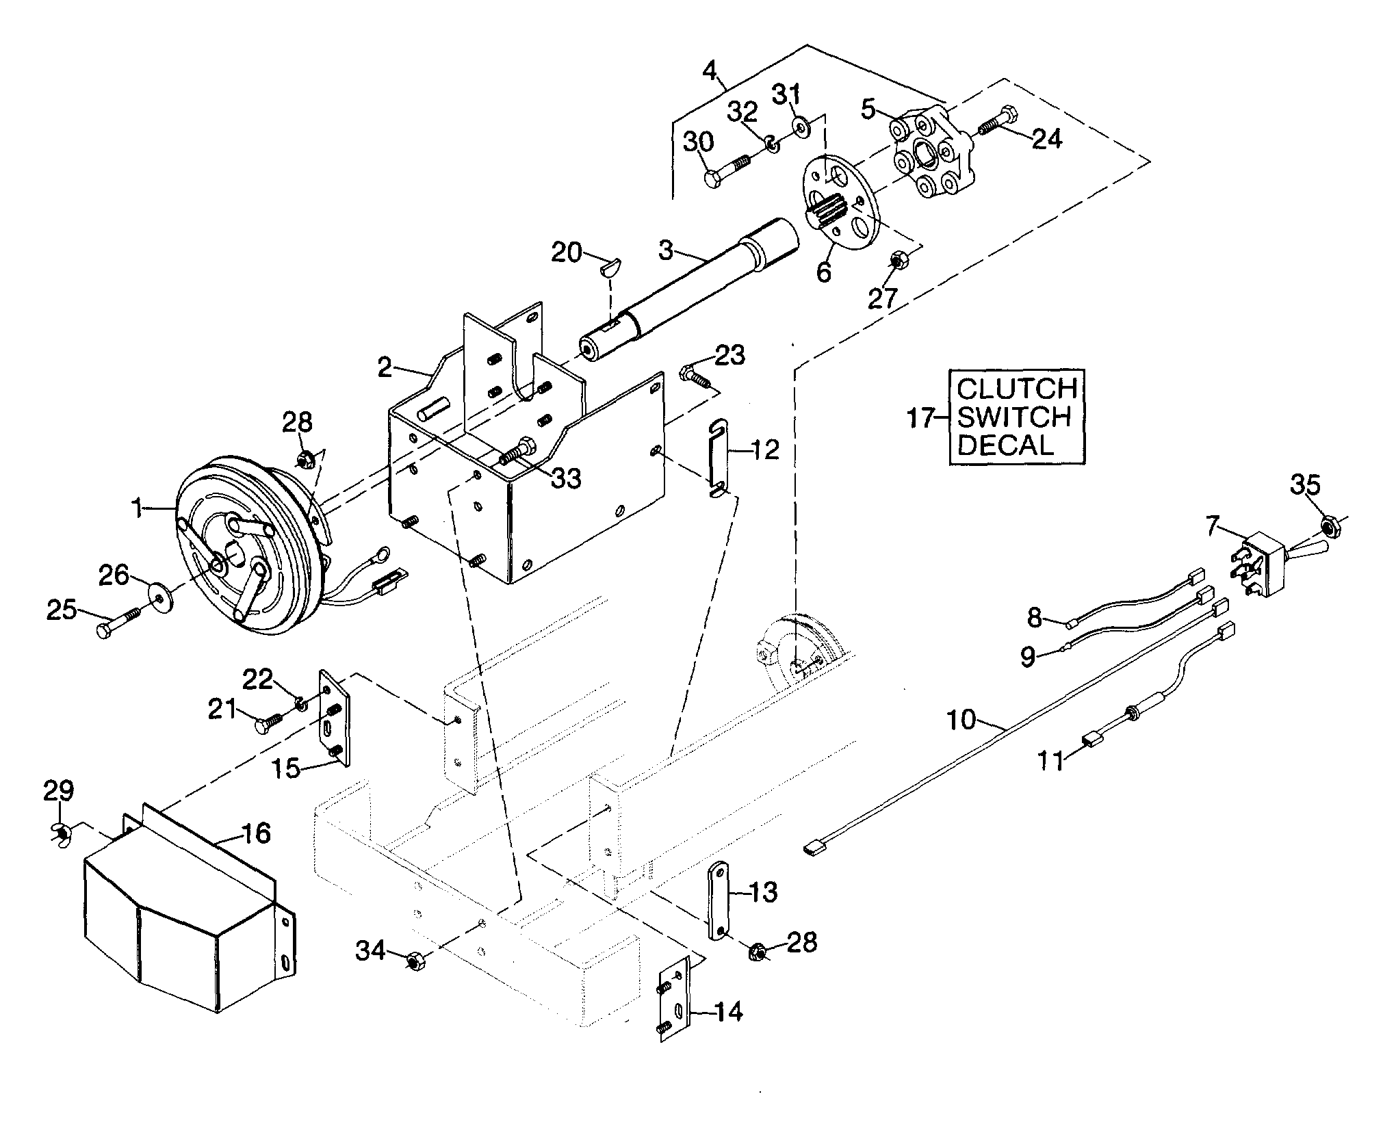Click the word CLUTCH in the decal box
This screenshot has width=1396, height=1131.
(x=1016, y=389)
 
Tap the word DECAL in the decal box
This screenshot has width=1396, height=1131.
(x=1005, y=445)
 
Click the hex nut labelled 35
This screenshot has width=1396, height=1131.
(x=1328, y=526)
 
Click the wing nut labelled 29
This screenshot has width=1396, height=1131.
(x=62, y=831)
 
